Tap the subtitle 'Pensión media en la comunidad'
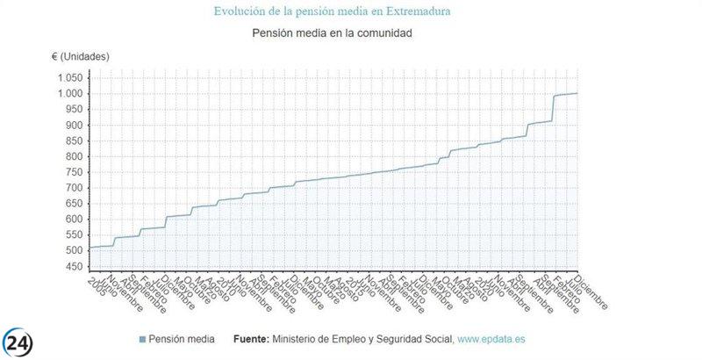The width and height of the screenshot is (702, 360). click(332, 33)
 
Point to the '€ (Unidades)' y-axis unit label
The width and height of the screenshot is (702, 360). click(80, 56)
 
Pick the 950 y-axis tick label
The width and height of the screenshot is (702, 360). click(74, 110)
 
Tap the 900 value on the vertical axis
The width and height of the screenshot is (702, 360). click(74, 126)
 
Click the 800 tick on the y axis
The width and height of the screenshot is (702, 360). click(74, 157)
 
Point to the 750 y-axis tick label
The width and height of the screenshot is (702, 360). click(74, 173)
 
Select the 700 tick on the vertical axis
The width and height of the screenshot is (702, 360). click(74, 189)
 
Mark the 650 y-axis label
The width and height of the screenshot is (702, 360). click(74, 205)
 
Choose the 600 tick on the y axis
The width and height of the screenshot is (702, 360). click(74, 220)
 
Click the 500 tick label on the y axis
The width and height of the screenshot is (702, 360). click(74, 251)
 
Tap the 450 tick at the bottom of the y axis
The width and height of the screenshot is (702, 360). click(74, 267)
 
